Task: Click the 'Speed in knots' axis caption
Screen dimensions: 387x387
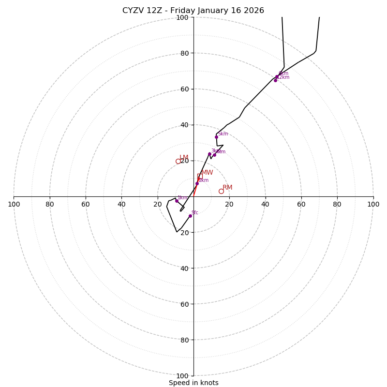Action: point(193,383)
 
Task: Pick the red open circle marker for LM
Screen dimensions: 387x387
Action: point(178,161)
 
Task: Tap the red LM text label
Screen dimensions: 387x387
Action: point(184,158)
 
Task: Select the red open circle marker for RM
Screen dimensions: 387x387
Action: point(221,191)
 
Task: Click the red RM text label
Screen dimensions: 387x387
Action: point(227,188)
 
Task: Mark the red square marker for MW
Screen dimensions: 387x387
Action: point(199,176)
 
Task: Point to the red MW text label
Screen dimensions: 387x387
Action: point(207,173)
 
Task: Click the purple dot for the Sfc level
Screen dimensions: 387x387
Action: point(190,216)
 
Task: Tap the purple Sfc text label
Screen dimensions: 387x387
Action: point(195,212)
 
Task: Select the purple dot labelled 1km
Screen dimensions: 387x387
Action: point(177,201)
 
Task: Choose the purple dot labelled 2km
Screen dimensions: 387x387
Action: point(197,183)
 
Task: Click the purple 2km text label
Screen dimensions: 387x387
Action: point(203,180)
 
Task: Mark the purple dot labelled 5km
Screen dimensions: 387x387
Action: point(216,137)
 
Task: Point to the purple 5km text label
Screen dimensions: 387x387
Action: point(223,134)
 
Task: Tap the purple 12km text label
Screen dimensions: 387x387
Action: point(283,77)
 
